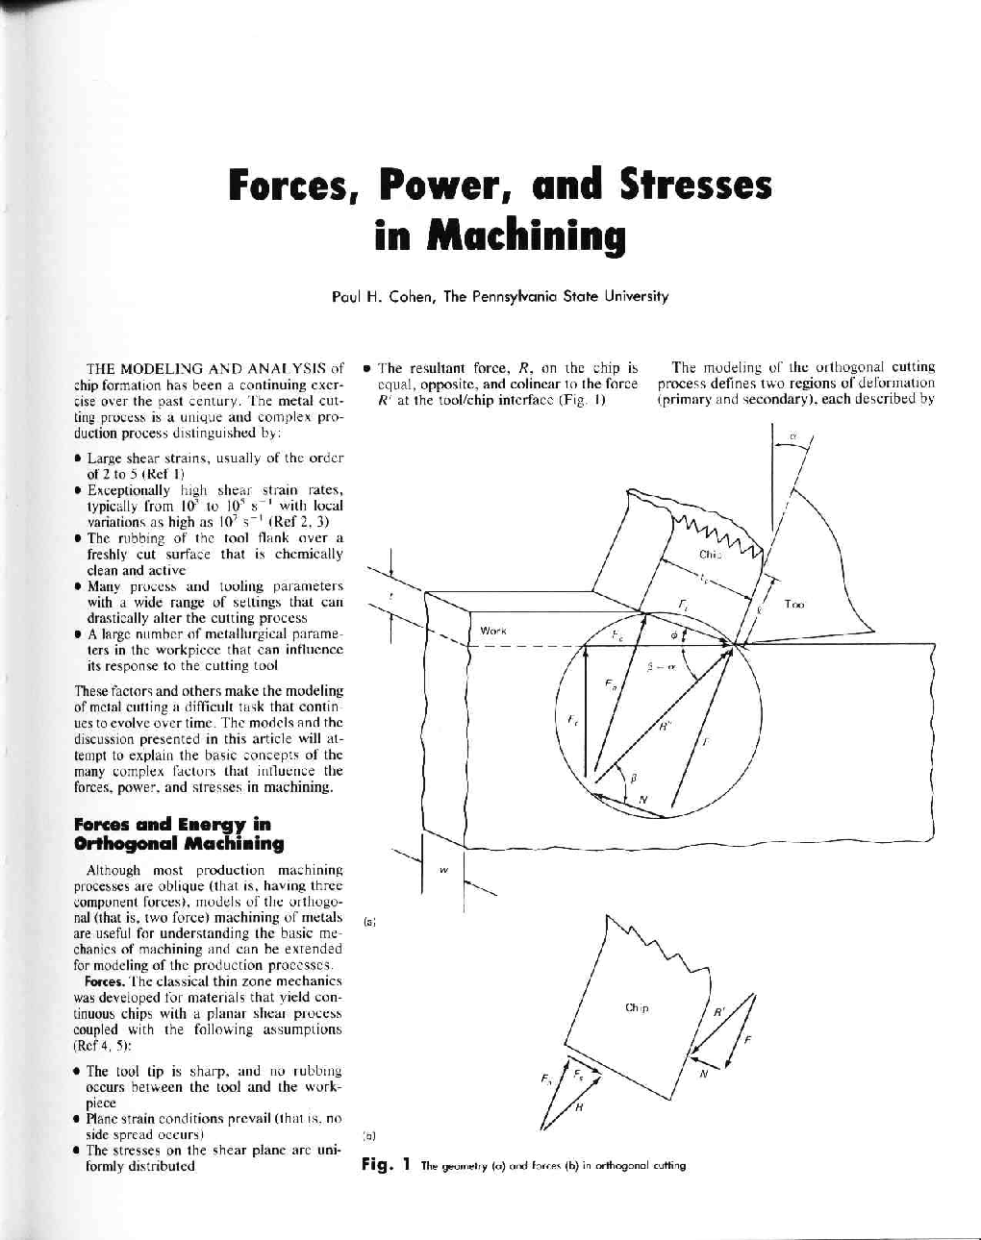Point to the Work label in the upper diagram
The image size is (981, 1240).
pyautogui.click(x=492, y=631)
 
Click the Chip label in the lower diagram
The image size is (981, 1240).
pyautogui.click(x=637, y=1007)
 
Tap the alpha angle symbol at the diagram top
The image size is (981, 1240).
pyautogui.click(x=793, y=436)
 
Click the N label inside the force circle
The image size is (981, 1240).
pyautogui.click(x=642, y=800)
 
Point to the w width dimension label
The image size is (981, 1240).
pyautogui.click(x=443, y=871)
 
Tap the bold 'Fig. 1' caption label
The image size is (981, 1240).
pyautogui.click(x=386, y=1165)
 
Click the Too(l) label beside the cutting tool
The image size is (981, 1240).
pyautogui.click(x=793, y=605)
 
